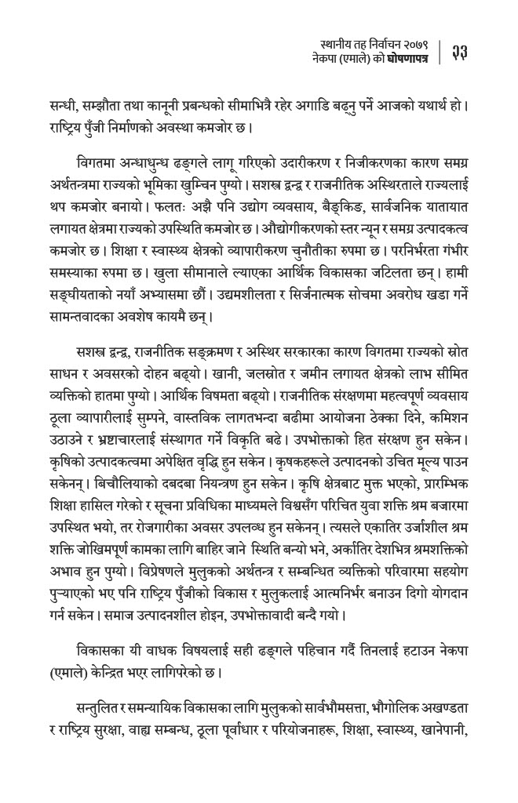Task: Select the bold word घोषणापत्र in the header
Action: click(407, 60)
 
